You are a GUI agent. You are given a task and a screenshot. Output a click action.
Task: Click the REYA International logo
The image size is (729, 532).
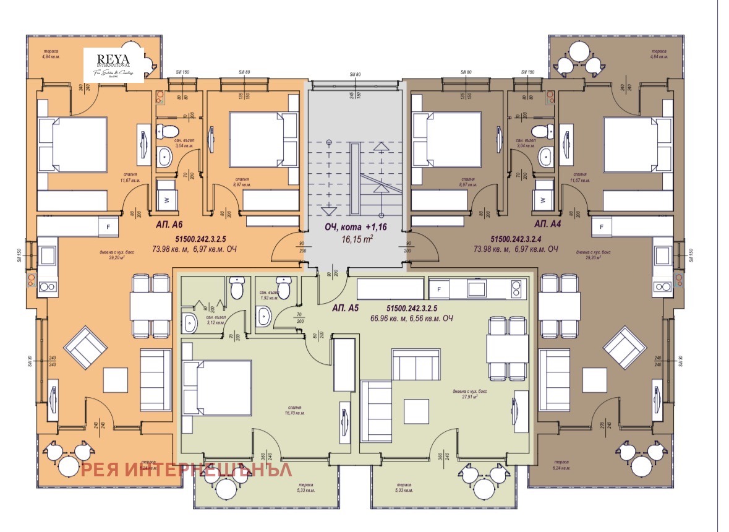click(x=114, y=64)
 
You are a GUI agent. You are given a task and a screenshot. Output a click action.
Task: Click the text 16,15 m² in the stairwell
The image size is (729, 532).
click(x=358, y=238)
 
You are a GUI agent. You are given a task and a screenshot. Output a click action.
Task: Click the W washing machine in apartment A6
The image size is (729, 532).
click(x=165, y=199)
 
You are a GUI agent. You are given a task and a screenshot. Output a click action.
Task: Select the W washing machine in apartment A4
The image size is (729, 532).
click(x=543, y=199)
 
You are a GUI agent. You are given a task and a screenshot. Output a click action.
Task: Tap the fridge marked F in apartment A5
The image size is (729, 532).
click(x=439, y=288)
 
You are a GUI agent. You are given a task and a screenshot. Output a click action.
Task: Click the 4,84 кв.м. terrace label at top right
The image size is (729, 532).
click(x=659, y=53)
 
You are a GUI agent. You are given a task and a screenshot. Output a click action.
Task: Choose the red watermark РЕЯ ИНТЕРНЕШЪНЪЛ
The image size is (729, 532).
click(x=186, y=470)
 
